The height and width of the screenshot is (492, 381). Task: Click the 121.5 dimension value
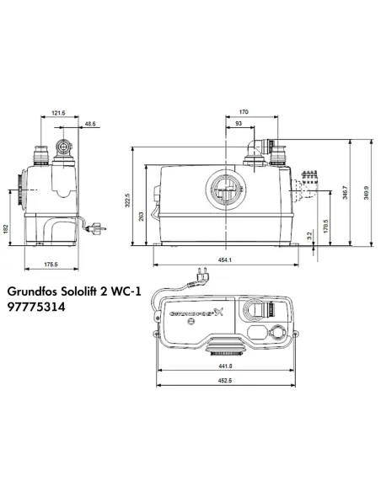pos(57,112)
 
